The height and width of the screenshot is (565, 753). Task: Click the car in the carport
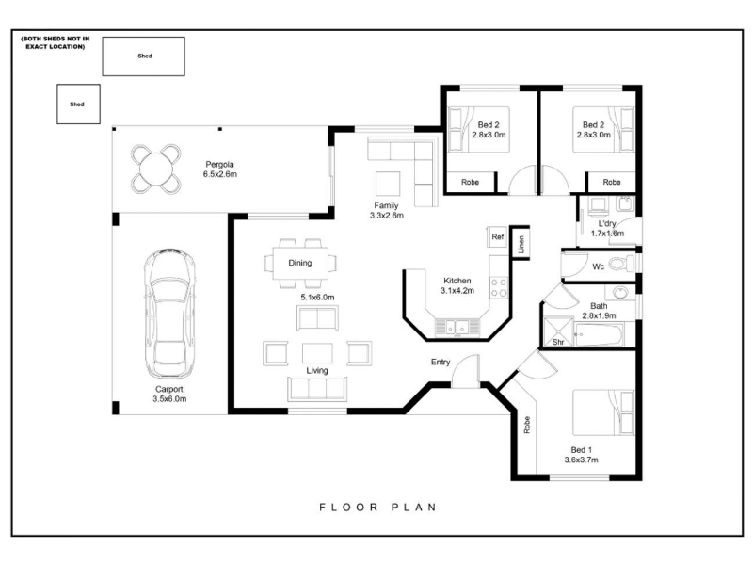[x=169, y=314]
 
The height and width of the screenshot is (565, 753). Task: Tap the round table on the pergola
[x=156, y=169]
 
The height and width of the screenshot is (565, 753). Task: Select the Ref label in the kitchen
[x=498, y=237]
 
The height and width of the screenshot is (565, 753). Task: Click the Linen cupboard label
[x=521, y=244]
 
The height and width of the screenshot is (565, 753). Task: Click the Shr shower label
[x=558, y=342]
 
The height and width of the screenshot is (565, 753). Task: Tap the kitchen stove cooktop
[x=499, y=287]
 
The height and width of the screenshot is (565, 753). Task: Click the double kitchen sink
[x=457, y=327]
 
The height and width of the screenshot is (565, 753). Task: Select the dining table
[x=300, y=263]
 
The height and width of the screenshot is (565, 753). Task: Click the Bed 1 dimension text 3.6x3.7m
[x=581, y=460]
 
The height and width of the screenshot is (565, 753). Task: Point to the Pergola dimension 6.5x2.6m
[x=220, y=174]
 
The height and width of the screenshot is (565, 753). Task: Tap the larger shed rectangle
[x=144, y=56]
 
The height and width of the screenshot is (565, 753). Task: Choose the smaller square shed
[x=79, y=104]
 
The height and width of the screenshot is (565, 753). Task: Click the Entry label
[x=441, y=362]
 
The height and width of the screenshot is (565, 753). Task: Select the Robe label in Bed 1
[x=527, y=425]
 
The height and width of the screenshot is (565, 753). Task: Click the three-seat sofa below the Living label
[x=317, y=389]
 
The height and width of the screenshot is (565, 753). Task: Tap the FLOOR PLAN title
[x=378, y=507]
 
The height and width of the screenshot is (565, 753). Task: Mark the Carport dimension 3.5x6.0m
[x=169, y=398]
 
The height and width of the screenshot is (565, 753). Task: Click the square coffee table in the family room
[x=388, y=184]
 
